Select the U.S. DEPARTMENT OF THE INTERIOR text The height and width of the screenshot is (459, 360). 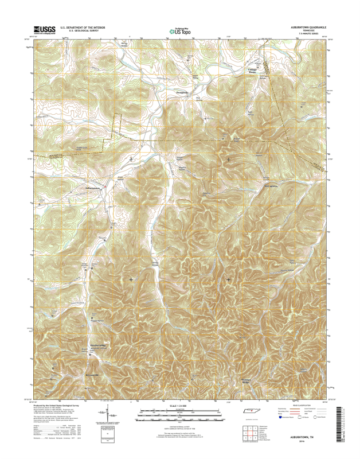coord(79,27)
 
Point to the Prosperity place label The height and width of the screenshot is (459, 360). coord(181,91)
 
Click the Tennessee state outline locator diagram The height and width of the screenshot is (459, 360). coord(251,412)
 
